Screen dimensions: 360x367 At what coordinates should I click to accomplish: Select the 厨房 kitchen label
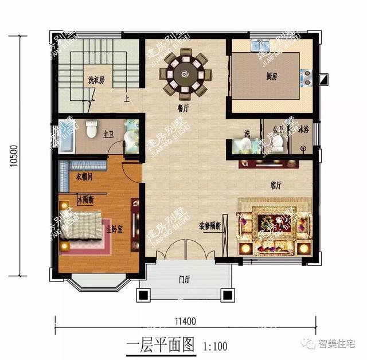point(272,76)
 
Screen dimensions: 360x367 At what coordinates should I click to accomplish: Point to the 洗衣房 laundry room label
point(96,80)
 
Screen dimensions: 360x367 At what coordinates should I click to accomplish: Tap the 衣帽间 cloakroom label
point(85,177)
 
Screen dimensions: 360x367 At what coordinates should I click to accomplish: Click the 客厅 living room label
point(276,186)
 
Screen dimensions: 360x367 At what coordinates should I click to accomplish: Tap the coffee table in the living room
point(272,225)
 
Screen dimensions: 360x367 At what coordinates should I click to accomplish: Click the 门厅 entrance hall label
point(184,280)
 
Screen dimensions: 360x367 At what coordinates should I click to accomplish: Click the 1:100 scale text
point(216,345)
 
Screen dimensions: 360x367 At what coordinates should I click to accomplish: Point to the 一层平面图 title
point(161,345)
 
